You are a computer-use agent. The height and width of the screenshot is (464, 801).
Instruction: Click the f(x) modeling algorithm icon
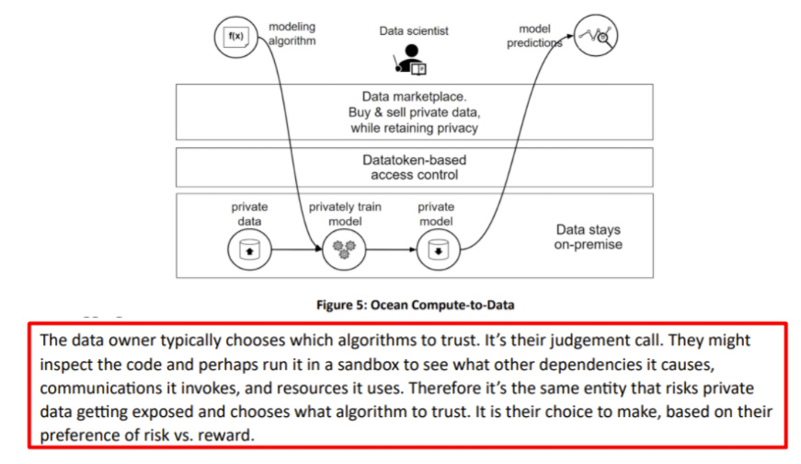click(x=235, y=37)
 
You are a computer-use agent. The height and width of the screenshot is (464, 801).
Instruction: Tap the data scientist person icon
click(x=411, y=59)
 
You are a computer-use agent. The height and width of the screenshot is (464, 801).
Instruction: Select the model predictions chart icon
click(x=596, y=36)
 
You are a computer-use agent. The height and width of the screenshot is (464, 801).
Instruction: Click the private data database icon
click(x=249, y=249)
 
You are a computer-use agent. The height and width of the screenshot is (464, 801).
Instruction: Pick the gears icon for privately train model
click(x=344, y=249)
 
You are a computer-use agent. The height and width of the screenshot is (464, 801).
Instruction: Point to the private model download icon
click(x=439, y=249)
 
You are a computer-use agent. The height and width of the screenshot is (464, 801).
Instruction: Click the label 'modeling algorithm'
click(x=292, y=34)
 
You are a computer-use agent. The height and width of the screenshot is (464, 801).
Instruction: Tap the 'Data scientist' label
click(x=414, y=31)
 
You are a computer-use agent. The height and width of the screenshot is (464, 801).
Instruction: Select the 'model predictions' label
click(x=534, y=36)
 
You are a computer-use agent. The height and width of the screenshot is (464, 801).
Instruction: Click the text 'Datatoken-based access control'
click(x=414, y=168)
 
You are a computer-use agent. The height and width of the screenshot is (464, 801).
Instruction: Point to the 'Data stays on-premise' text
click(x=588, y=237)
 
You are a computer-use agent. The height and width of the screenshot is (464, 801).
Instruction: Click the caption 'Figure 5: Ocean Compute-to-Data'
click(x=415, y=305)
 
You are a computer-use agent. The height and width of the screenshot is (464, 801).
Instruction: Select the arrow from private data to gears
click(x=297, y=249)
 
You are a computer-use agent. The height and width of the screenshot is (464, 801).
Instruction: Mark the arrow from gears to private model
click(x=392, y=249)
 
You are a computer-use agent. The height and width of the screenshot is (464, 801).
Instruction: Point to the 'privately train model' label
click(x=345, y=214)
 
